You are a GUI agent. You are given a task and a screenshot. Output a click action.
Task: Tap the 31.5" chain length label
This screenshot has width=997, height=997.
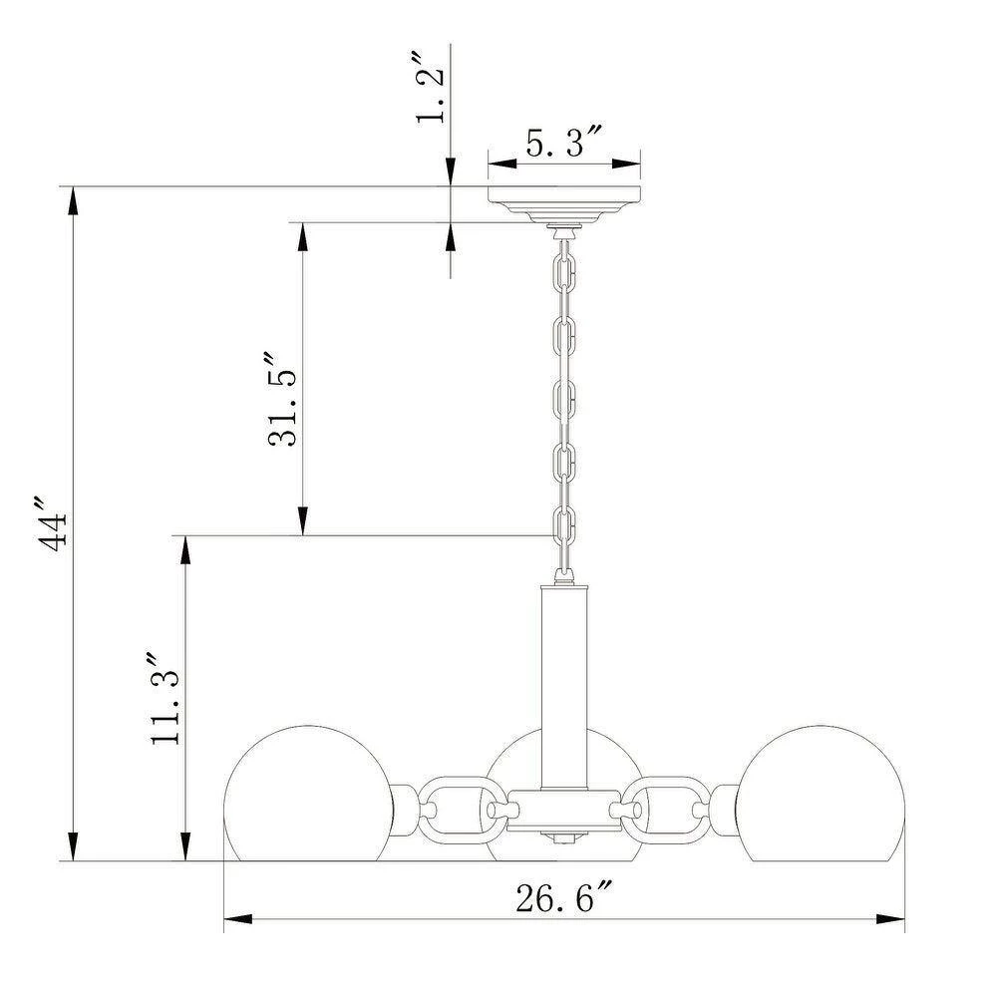pyautogui.click(x=282, y=399)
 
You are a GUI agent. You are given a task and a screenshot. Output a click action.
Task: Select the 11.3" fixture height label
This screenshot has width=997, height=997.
pyautogui.click(x=166, y=698)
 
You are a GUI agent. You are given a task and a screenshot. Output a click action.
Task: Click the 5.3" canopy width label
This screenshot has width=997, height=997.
pyautogui.click(x=563, y=142)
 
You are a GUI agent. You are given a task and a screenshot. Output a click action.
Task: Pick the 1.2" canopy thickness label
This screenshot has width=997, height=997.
pyautogui.click(x=431, y=89)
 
